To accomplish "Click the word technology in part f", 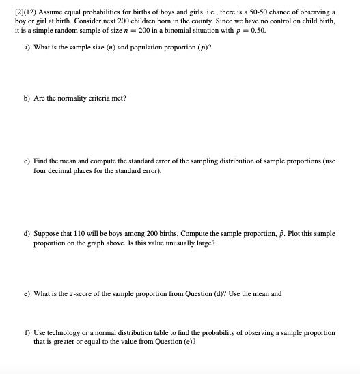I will (64, 332).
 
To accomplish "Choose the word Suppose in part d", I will (45, 233).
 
